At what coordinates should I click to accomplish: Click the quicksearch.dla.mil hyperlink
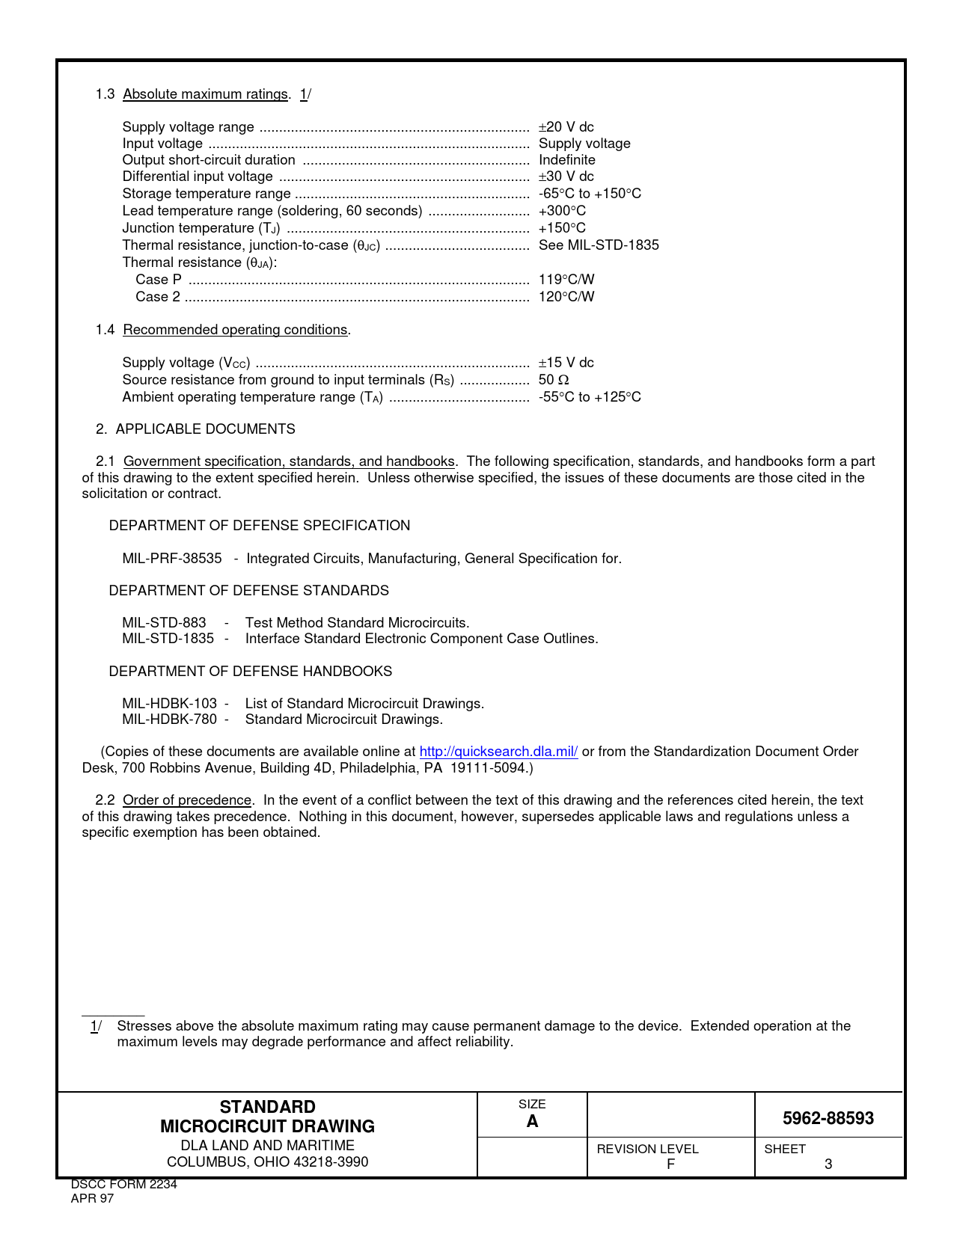point(498,752)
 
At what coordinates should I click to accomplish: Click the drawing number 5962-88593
point(828,1118)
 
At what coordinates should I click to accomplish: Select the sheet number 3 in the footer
point(828,1164)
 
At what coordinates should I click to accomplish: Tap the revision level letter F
point(670,1164)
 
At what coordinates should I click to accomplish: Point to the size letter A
point(532,1121)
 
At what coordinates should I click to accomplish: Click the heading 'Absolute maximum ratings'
point(205,94)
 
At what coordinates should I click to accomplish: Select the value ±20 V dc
point(566,127)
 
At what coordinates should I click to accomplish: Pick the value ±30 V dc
point(566,176)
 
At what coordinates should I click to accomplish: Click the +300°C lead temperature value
point(562,211)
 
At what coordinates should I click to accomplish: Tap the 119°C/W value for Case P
point(566,280)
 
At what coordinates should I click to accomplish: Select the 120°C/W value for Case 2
point(566,297)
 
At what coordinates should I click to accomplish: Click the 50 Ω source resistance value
point(554,380)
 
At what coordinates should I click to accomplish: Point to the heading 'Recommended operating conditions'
point(235,330)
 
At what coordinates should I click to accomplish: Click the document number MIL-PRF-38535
point(172,559)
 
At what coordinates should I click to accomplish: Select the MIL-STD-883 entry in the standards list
point(164,623)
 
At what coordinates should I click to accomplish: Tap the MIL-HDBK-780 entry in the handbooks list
point(169,719)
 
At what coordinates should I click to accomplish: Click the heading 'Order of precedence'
point(187,800)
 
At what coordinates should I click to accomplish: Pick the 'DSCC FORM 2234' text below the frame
point(123,1185)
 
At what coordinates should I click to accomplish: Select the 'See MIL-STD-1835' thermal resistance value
point(599,245)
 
